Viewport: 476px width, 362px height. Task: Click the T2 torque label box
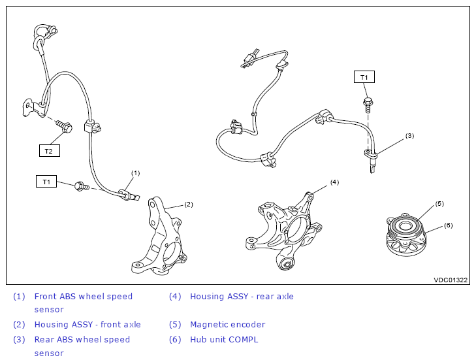tap(48, 151)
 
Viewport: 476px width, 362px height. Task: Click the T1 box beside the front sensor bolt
tap(46, 182)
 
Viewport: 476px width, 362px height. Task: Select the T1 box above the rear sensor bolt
tap(364, 78)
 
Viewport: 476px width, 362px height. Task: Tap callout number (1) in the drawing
tap(136, 173)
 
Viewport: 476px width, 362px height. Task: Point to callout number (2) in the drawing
tap(188, 205)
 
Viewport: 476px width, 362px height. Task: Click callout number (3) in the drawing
tap(409, 136)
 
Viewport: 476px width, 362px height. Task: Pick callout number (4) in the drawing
tap(334, 182)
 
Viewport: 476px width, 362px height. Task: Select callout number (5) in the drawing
tap(439, 203)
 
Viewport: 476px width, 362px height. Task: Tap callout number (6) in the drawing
tap(448, 225)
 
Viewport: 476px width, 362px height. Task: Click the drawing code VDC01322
tap(451, 280)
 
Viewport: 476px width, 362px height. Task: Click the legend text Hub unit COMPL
tap(224, 339)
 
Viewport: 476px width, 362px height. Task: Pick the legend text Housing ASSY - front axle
tap(87, 324)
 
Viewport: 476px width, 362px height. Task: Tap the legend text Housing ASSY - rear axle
tap(242, 296)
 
